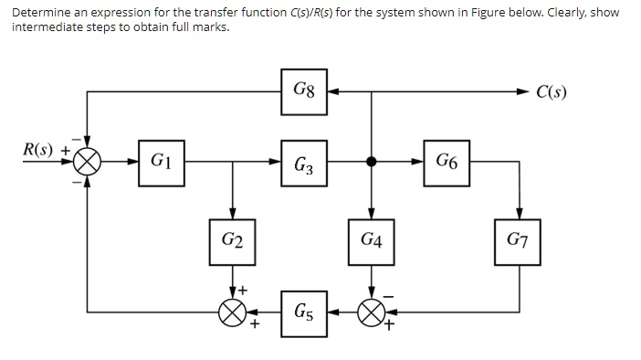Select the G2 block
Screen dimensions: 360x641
pos(233,241)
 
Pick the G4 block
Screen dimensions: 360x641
pos(371,241)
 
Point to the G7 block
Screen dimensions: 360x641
pos(519,241)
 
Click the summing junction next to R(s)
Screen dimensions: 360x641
pos(88,164)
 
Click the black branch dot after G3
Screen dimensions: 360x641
pos(371,164)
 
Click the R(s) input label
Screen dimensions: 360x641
pos(39,148)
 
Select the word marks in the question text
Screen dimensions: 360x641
pos(211,26)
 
